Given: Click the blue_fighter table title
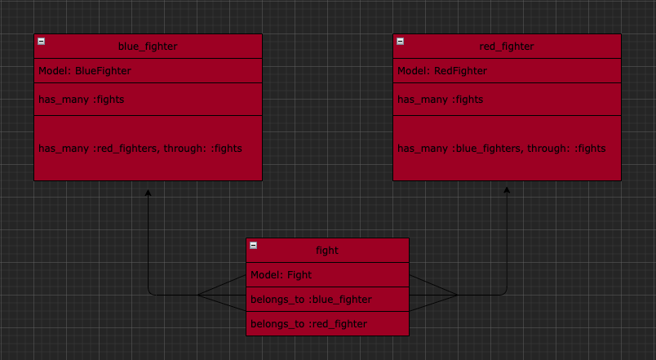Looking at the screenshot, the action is (148, 46).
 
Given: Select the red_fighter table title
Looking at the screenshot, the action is (507, 46).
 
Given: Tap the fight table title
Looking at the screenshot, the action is (327, 251).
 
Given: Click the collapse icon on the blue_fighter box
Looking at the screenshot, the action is (42, 41).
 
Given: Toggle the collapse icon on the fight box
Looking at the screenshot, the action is (254, 245).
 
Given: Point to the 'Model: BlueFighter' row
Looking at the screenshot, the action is (148, 71).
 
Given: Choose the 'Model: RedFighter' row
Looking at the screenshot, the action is (507, 71).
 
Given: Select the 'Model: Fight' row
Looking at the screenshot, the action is (327, 274).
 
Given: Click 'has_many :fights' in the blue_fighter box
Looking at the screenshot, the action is (81, 100).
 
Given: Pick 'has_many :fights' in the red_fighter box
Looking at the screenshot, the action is (440, 100).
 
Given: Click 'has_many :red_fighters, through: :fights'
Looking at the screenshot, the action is (140, 149).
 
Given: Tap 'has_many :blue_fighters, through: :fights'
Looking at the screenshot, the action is (502, 149).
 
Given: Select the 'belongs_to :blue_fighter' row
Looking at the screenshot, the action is (327, 300).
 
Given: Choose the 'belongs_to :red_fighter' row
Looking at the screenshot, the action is (327, 323).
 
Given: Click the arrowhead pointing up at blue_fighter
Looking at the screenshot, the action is (148, 193).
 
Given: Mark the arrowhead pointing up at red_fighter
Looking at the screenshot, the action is (507, 190).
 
